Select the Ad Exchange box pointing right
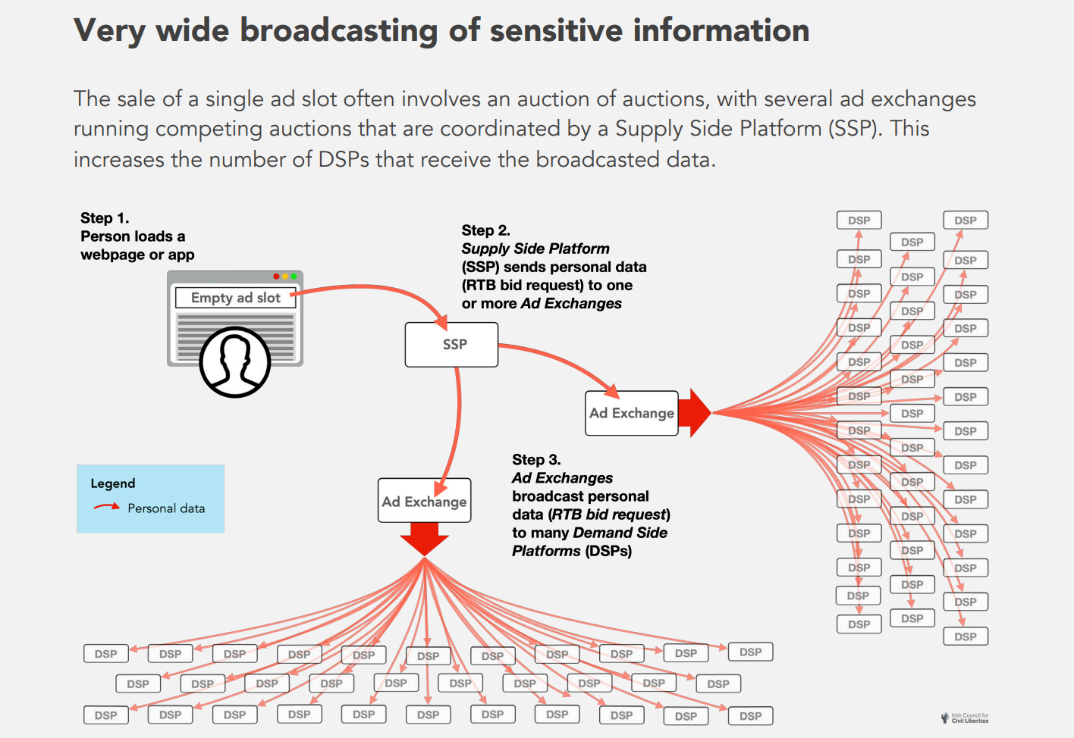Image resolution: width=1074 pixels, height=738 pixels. [x=631, y=413]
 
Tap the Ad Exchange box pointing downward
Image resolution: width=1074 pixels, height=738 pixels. [x=424, y=501]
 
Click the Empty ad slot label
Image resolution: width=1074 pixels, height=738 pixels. [x=235, y=298]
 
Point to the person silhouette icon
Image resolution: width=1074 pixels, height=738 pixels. [x=235, y=362]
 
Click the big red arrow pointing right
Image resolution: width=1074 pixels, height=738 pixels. [x=694, y=413]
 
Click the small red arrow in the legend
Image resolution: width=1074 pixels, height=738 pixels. [x=106, y=507]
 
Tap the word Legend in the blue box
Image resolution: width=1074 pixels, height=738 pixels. [x=113, y=483]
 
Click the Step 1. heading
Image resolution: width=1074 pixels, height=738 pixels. [x=105, y=218]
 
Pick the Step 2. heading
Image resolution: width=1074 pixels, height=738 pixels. [x=485, y=230]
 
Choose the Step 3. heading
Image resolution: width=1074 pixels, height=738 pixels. [x=536, y=460]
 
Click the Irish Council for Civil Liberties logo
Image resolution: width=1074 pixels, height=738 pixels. [x=965, y=718]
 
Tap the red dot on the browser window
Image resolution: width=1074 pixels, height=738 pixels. [x=276, y=277]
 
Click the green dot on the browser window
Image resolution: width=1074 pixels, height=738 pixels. [x=294, y=277]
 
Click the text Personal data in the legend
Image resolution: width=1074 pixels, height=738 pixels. [x=166, y=508]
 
